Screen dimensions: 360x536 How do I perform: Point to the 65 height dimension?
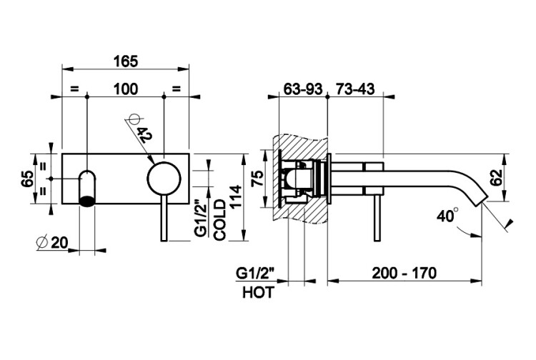(x=27, y=179)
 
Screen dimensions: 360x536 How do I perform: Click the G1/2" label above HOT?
(x=257, y=273)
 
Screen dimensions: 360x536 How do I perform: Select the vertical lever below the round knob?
(x=165, y=218)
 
